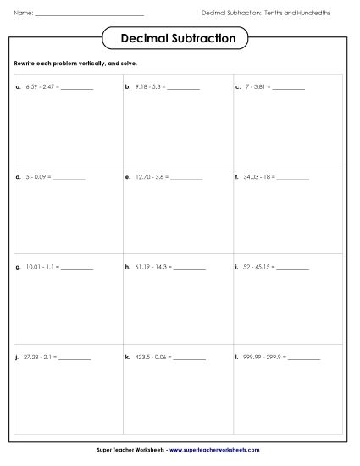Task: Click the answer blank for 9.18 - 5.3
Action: click(x=184, y=88)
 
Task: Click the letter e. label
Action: click(x=127, y=178)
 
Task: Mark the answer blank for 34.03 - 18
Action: click(x=293, y=179)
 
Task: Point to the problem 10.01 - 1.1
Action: click(x=42, y=268)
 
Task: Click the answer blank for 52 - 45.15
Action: click(x=294, y=269)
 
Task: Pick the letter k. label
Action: click(x=127, y=358)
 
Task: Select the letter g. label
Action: click(x=18, y=268)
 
